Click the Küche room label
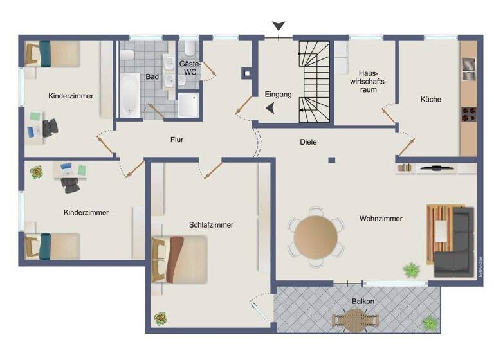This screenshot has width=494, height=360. (x=431, y=100)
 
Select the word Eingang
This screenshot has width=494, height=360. (x=278, y=94)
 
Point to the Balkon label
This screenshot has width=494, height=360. (x=363, y=301)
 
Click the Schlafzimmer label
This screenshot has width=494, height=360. (x=211, y=225)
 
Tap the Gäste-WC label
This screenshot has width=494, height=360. (x=190, y=68)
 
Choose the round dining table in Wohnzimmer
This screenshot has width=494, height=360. (x=315, y=236)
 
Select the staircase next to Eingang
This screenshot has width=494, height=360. (x=315, y=82)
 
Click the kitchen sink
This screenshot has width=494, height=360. (x=468, y=69)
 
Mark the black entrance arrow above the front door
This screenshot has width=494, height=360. (x=278, y=26)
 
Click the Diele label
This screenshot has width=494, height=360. (x=309, y=142)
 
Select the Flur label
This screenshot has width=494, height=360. (x=178, y=139)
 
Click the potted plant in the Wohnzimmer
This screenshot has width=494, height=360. (x=411, y=270)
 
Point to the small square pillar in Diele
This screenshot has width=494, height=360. (x=332, y=160)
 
